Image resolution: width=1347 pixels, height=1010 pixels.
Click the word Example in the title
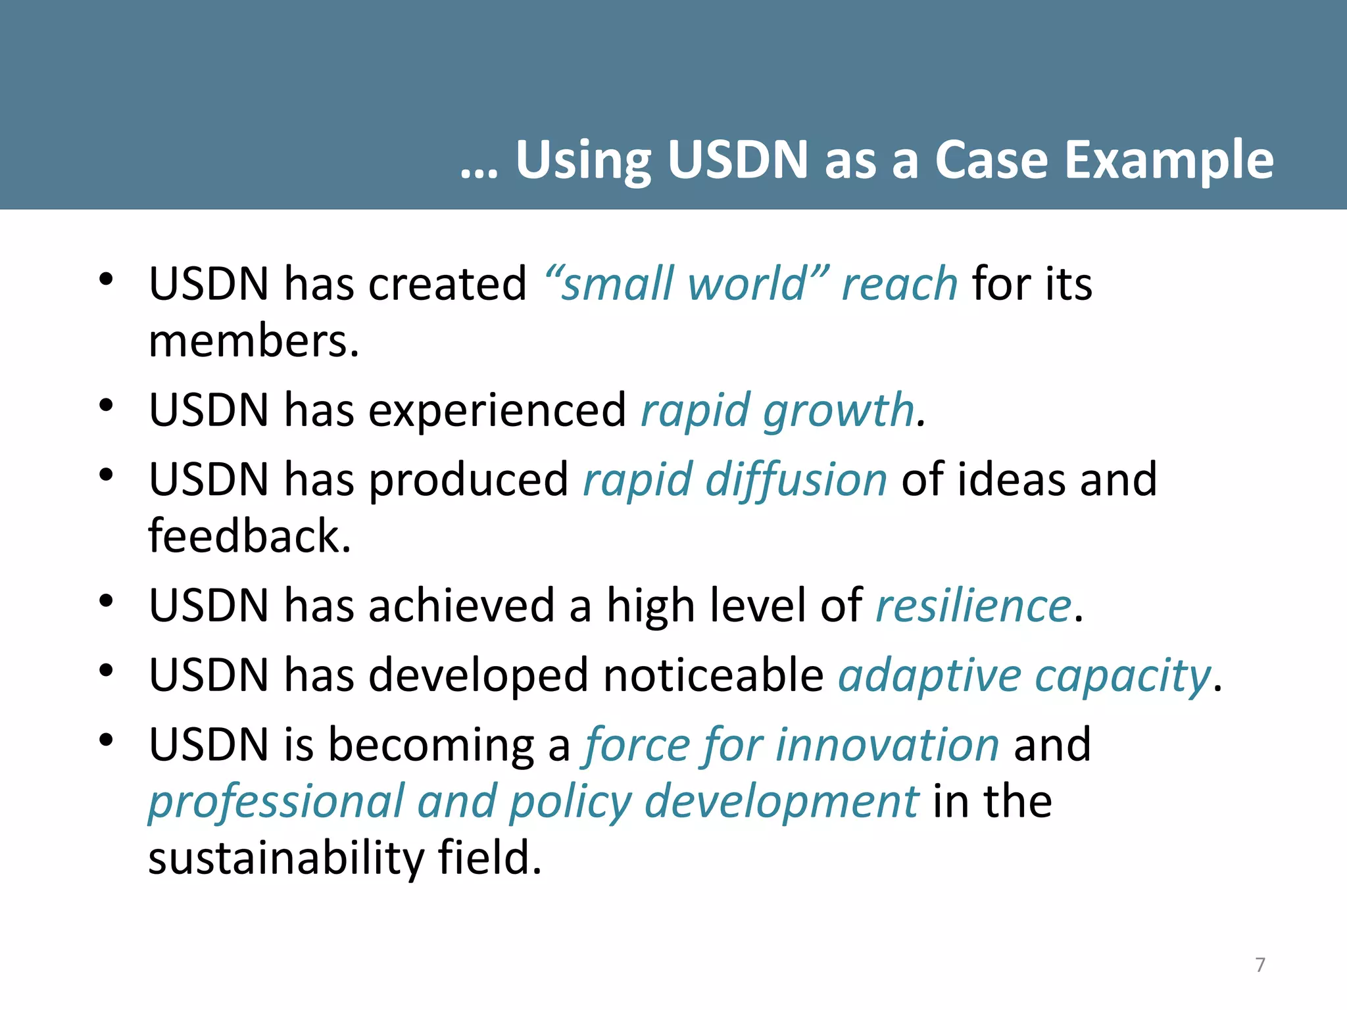pyautogui.click(x=1169, y=160)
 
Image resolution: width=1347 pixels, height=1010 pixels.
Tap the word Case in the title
pyautogui.click(x=991, y=160)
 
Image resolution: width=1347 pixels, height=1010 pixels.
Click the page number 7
pyautogui.click(x=1260, y=965)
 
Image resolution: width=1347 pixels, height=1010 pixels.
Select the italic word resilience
pyautogui.click(x=974, y=606)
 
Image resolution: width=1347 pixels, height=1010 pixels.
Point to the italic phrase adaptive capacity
pyautogui.click(x=1024, y=676)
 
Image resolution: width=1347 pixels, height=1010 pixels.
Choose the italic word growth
pyautogui.click(x=839, y=410)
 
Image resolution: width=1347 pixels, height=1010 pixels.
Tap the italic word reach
pyautogui.click(x=899, y=284)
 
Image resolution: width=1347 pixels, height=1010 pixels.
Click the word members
pyautogui.click(x=254, y=342)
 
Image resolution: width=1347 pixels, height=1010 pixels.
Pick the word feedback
pyautogui.click(x=249, y=536)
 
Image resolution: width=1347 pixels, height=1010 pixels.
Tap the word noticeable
pyautogui.click(x=713, y=675)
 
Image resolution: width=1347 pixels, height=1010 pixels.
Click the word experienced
pyautogui.click(x=497, y=410)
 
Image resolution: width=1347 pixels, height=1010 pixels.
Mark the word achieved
pyautogui.click(x=462, y=606)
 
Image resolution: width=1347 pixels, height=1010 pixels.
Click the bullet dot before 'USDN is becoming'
pyautogui.click(x=106, y=740)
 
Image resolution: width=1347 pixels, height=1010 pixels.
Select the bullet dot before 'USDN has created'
pyautogui.click(x=106, y=279)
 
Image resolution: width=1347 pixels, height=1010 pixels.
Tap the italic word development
pyautogui.click(x=781, y=802)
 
